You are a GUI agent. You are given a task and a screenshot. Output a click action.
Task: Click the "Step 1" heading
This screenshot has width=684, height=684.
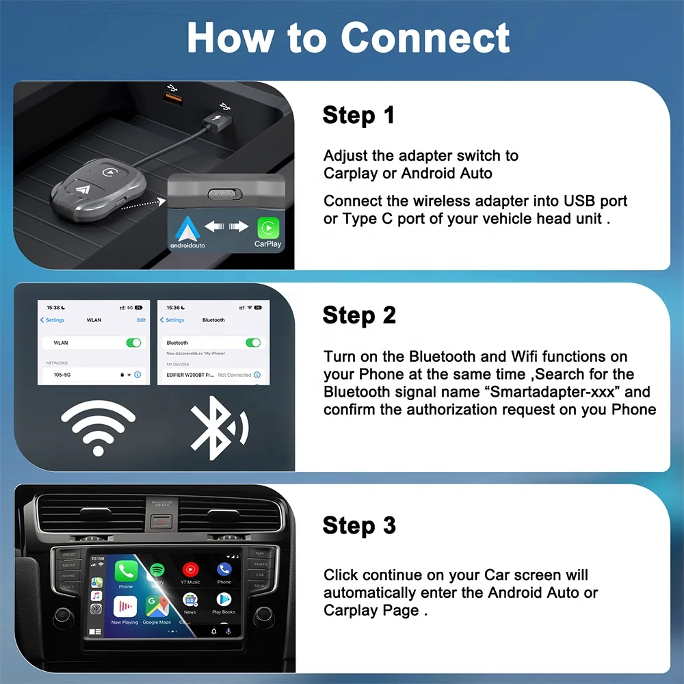point(358,115)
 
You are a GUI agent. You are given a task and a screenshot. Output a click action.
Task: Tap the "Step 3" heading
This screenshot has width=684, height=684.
point(358,525)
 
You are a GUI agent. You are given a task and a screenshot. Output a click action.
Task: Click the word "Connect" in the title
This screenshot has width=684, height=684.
point(425,38)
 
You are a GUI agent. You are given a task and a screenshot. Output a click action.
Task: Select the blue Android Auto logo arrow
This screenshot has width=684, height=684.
point(187,226)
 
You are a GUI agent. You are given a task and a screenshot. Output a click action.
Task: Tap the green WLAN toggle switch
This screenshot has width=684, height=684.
point(133,342)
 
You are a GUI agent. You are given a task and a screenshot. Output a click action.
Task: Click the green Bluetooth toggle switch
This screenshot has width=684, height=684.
point(253,342)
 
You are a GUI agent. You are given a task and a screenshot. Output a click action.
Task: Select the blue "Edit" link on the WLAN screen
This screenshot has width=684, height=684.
point(141,320)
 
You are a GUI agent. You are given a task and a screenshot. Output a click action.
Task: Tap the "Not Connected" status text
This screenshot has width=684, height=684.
point(235,375)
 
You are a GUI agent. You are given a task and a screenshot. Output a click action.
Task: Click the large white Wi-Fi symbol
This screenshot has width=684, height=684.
point(98,428)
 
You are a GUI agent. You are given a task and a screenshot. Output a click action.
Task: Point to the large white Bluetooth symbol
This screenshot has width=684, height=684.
point(218,428)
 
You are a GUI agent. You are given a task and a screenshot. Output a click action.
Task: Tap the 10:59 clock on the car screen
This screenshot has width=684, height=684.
point(97,559)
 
